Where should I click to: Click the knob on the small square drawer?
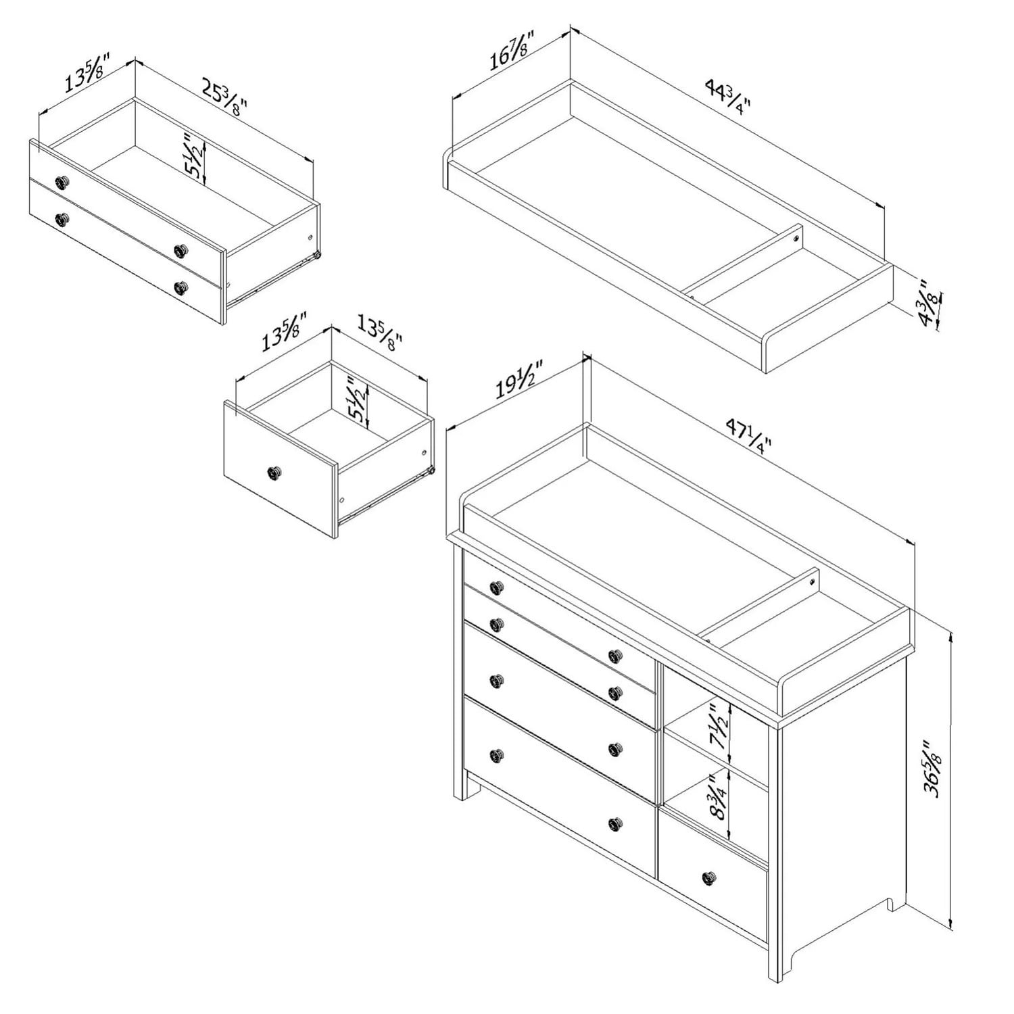274,474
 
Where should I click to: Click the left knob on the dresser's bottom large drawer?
497,754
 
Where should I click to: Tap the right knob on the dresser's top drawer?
614,655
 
